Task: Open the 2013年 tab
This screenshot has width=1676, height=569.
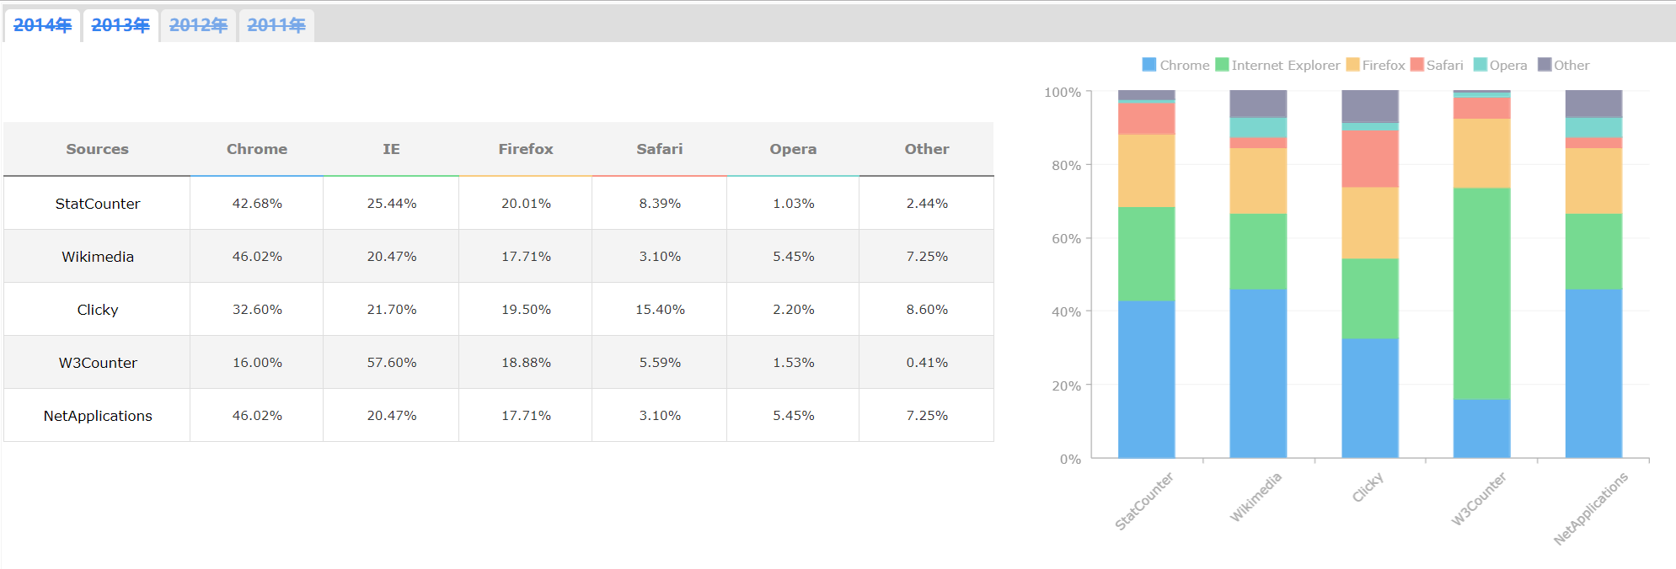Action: (x=120, y=25)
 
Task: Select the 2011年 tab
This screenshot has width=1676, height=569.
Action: (x=276, y=25)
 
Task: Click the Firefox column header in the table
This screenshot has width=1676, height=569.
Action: (x=525, y=149)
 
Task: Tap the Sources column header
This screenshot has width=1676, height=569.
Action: (x=97, y=149)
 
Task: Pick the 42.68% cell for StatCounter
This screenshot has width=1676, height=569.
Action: (x=257, y=204)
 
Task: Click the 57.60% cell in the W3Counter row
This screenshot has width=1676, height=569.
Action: (x=391, y=363)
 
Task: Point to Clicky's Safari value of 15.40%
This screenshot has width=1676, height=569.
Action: (x=660, y=310)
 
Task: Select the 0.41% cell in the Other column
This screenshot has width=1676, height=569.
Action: (x=927, y=363)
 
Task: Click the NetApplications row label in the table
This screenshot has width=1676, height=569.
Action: (x=98, y=416)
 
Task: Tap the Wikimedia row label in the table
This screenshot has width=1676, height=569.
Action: (x=98, y=257)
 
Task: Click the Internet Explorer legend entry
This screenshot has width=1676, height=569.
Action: (x=1277, y=65)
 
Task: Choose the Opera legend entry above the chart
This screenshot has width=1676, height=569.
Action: (x=1500, y=65)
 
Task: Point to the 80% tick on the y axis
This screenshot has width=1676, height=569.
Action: (x=1066, y=165)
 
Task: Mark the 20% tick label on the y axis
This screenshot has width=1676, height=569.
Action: (x=1066, y=386)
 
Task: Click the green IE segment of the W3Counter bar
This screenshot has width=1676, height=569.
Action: (x=1481, y=293)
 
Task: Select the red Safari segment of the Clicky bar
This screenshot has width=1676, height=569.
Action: (x=1370, y=158)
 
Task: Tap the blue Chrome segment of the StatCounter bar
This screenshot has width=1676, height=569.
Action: (x=1146, y=379)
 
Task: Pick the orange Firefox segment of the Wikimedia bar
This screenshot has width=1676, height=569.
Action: (x=1258, y=181)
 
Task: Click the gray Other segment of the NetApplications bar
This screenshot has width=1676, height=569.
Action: (x=1593, y=103)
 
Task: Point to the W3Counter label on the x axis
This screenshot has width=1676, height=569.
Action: (x=1478, y=499)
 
